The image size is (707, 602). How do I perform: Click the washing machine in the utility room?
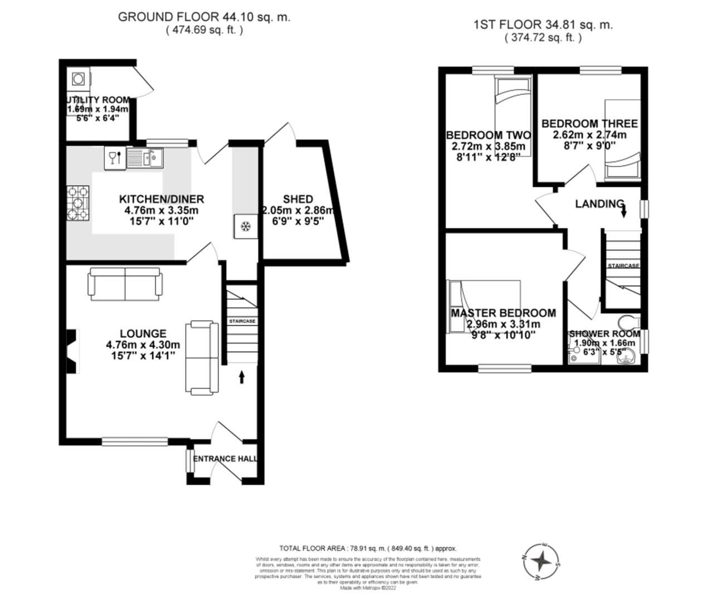pyautogui.click(x=79, y=79)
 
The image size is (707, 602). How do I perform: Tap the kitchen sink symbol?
pyautogui.click(x=144, y=158)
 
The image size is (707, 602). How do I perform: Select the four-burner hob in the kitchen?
pyautogui.click(x=78, y=203)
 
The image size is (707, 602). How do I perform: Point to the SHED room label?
pyautogui.click(x=298, y=199)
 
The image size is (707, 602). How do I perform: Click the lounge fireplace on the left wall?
pyautogui.click(x=71, y=350)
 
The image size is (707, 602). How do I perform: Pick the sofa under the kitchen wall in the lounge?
pyautogui.click(x=125, y=283)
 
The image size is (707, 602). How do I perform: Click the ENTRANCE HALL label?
pyautogui.click(x=225, y=459)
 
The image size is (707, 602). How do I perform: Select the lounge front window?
pyautogui.click(x=135, y=441)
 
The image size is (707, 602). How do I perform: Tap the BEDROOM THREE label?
pyautogui.click(x=589, y=123)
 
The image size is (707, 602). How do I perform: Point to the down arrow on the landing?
pyautogui.click(x=623, y=211)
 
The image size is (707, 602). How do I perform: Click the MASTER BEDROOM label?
pyautogui.click(x=503, y=313)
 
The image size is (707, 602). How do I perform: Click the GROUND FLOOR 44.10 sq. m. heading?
pyautogui.click(x=204, y=17)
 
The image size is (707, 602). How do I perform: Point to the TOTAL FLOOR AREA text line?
pyautogui.click(x=368, y=548)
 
